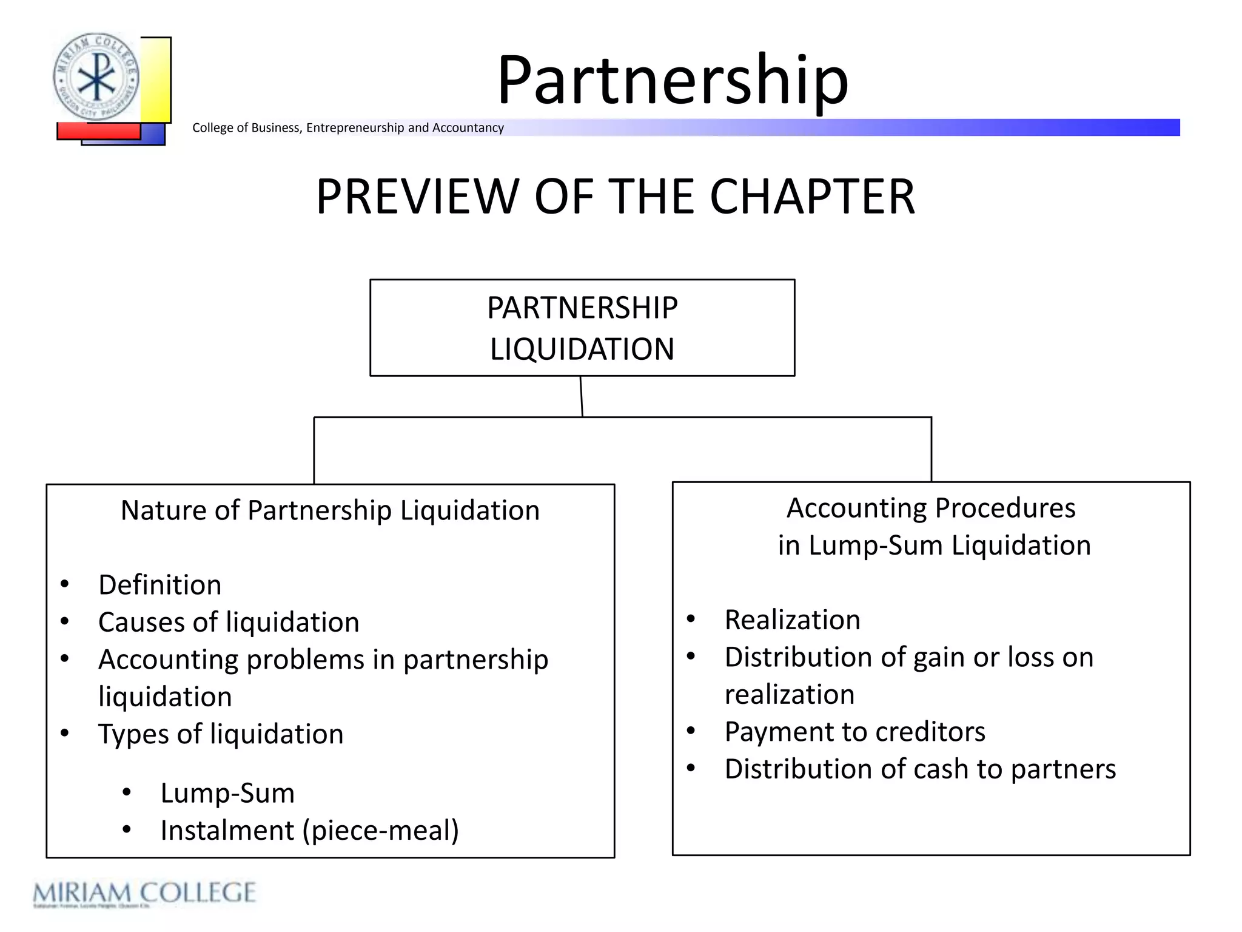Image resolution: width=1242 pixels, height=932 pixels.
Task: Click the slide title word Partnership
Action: coord(672,81)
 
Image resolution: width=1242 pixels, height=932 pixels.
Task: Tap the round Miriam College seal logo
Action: coord(96,77)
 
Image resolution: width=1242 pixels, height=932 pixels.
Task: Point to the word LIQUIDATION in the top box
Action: coord(582,349)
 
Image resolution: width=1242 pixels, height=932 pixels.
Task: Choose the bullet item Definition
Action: coord(160,585)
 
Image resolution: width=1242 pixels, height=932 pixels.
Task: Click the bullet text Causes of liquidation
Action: coord(229,623)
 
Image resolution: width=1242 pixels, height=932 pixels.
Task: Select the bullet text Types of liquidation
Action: coord(221,734)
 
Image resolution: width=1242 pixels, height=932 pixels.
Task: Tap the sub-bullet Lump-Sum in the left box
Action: coord(227,794)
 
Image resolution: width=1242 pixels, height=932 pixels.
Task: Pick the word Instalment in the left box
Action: coord(227,831)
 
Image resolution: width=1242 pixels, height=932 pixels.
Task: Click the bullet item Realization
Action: coord(793,620)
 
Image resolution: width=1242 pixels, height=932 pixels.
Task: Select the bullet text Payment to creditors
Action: coord(855,732)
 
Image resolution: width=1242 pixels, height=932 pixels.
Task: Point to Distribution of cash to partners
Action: coord(920,769)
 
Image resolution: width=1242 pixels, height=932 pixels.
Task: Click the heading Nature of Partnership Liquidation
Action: coord(330,510)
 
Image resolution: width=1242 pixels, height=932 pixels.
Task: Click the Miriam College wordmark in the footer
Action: coord(144,893)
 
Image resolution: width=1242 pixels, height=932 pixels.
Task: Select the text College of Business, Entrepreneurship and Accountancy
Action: coord(348,128)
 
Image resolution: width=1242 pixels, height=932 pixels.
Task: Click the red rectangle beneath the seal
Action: coord(98,131)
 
